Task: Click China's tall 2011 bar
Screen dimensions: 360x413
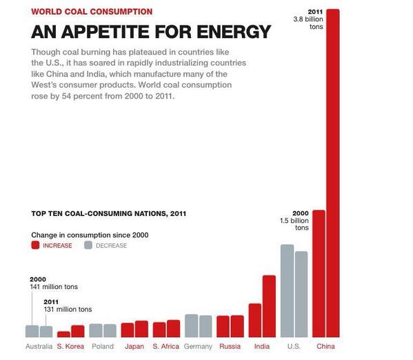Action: (x=332, y=172)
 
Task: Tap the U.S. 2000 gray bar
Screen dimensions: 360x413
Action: (x=287, y=290)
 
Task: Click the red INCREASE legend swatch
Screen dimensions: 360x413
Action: (x=35, y=246)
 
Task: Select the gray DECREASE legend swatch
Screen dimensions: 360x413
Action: (x=88, y=246)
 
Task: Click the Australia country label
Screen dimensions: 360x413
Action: (x=39, y=346)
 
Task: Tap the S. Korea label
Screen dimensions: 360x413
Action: (x=70, y=346)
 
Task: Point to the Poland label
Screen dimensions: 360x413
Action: (x=103, y=346)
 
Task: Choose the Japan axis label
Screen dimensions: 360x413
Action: (x=134, y=346)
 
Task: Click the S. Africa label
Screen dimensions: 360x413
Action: (x=166, y=346)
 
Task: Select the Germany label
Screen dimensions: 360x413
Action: (x=198, y=346)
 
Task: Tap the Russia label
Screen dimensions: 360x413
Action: (x=230, y=346)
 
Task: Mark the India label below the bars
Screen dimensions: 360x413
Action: (x=261, y=346)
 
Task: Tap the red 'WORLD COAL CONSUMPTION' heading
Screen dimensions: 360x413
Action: (x=92, y=12)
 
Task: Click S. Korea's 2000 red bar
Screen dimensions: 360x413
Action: (x=63, y=334)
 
